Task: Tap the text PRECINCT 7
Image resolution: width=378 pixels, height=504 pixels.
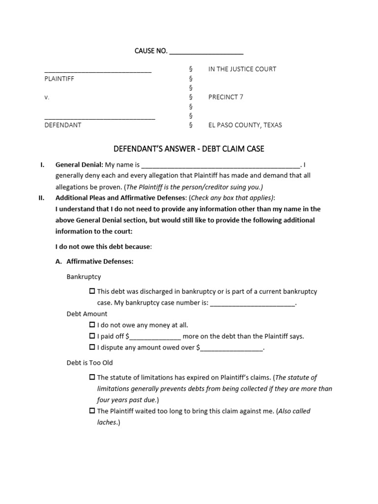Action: [x=225, y=97]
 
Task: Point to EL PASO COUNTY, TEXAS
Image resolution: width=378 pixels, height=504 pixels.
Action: [x=245, y=125]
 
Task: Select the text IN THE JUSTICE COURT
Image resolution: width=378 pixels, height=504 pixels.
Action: [x=242, y=69]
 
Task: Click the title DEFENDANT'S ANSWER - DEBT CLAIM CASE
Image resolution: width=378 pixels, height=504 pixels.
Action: [x=189, y=149]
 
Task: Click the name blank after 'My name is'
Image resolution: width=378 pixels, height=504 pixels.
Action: [x=220, y=165]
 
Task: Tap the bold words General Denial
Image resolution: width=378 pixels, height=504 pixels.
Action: [x=79, y=164]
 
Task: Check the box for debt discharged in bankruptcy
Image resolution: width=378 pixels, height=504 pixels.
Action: [x=92, y=291]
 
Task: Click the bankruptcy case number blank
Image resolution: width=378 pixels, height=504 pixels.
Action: [x=252, y=303]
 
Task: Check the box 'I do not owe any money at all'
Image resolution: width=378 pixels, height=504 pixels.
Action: [x=92, y=325]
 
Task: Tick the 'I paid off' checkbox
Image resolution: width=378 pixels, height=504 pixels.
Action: [x=92, y=336]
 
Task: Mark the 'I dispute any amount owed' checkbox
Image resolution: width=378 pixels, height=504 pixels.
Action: [x=92, y=347]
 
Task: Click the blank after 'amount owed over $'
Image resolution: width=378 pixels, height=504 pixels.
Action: [x=232, y=348]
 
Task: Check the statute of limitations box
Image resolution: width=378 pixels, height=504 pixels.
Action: [x=92, y=378]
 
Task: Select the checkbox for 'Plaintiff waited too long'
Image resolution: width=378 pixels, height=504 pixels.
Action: [x=92, y=411]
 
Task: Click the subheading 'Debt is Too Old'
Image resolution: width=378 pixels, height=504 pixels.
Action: [x=90, y=363]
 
